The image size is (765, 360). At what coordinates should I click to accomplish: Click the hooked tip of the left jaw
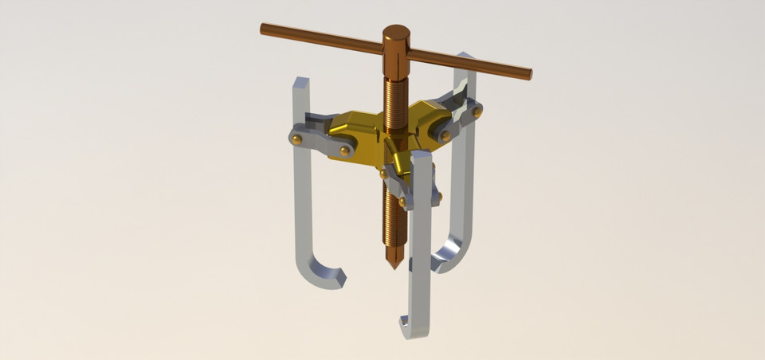[339, 278]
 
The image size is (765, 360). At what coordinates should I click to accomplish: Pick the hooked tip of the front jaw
[404, 324]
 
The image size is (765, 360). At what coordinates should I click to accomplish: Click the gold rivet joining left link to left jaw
[297, 139]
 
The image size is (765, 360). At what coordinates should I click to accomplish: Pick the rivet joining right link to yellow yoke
[445, 135]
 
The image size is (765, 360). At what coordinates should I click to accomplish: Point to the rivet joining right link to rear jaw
[477, 113]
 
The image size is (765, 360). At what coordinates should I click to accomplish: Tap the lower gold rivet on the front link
[402, 201]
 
